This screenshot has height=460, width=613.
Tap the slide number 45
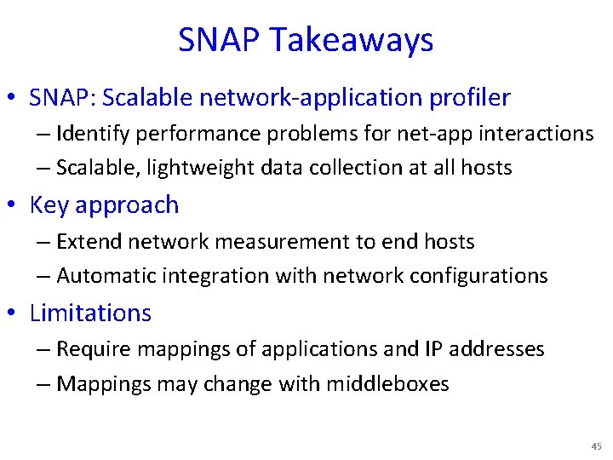595,446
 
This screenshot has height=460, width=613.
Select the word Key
49,205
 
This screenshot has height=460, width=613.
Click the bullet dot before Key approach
17,206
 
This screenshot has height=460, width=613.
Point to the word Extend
84,242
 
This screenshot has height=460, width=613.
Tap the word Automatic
104,276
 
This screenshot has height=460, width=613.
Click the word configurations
478,276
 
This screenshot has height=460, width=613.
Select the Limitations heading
90,313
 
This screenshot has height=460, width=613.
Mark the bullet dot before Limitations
17,314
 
